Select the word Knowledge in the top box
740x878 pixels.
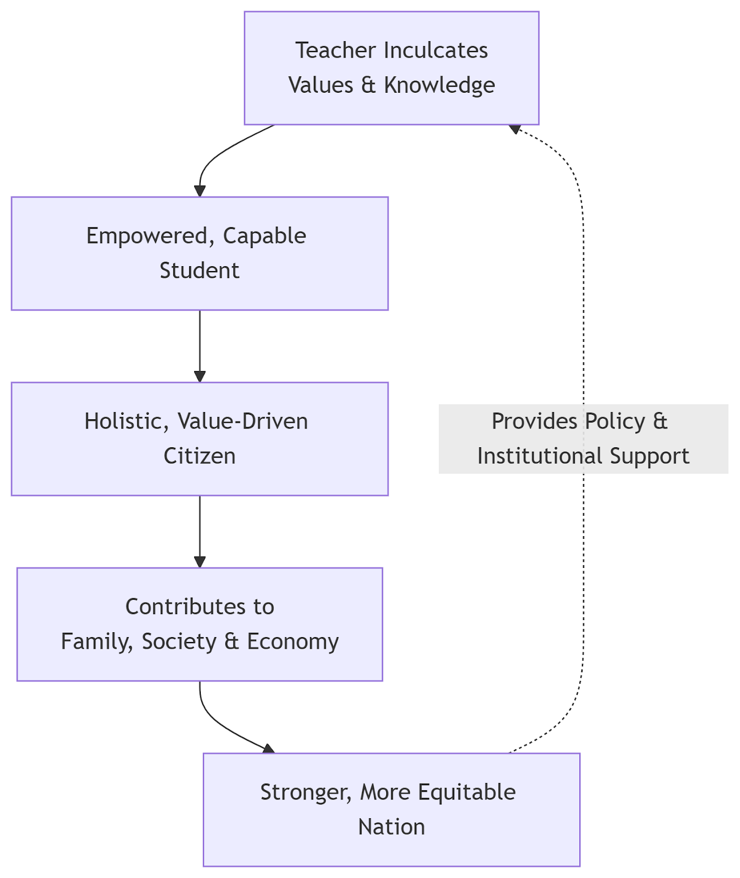439,85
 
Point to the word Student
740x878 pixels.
200,271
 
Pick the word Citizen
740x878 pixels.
200,456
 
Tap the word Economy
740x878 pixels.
293,641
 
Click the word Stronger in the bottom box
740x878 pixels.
306,792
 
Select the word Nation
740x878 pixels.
392,827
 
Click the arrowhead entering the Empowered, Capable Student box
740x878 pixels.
200,190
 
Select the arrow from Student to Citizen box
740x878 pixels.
200,346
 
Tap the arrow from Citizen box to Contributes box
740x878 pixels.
200,531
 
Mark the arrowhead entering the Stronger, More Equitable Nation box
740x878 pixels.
268,748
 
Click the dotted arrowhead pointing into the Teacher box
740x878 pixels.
515,130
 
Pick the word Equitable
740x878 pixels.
467,792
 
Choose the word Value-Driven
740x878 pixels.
242,421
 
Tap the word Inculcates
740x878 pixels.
436,50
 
